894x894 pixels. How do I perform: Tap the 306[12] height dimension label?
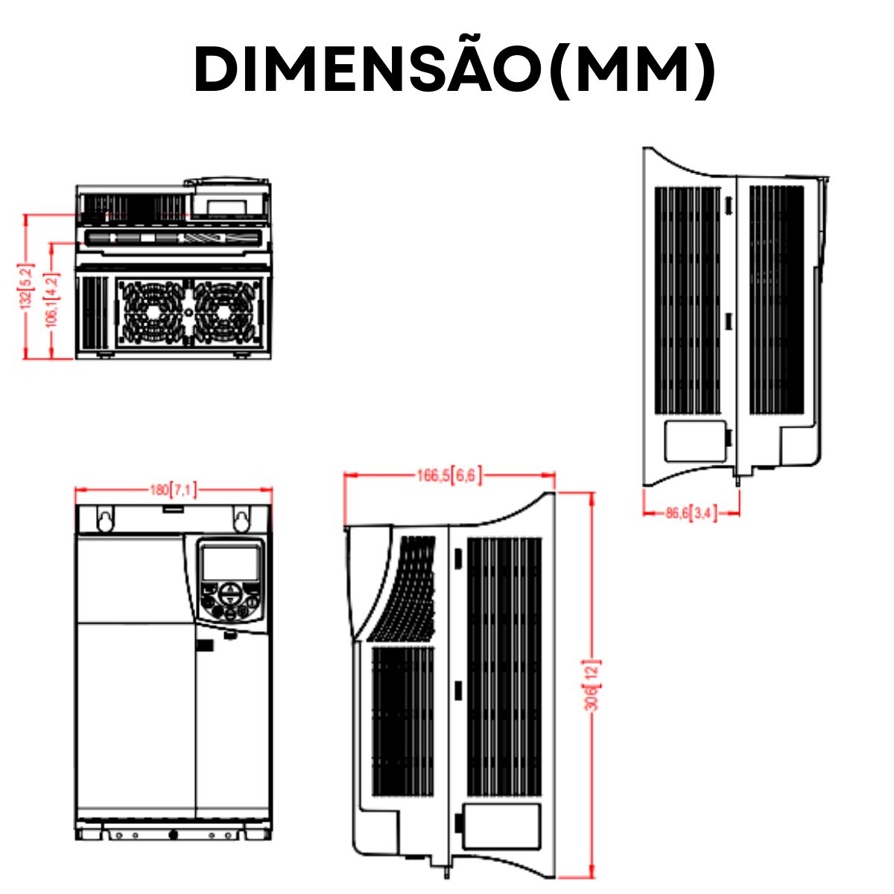point(592,684)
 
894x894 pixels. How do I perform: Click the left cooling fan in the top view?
point(152,311)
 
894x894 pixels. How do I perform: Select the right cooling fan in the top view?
point(226,311)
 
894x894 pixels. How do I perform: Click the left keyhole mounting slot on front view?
point(106,519)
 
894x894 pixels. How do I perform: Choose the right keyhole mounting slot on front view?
point(241,519)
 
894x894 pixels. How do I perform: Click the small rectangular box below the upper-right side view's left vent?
point(694,440)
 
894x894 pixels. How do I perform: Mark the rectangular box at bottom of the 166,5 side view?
point(501,825)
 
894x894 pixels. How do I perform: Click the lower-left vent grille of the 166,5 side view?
point(402,720)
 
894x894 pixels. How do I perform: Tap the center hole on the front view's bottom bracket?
point(173,835)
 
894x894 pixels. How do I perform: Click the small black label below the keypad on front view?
point(205,646)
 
